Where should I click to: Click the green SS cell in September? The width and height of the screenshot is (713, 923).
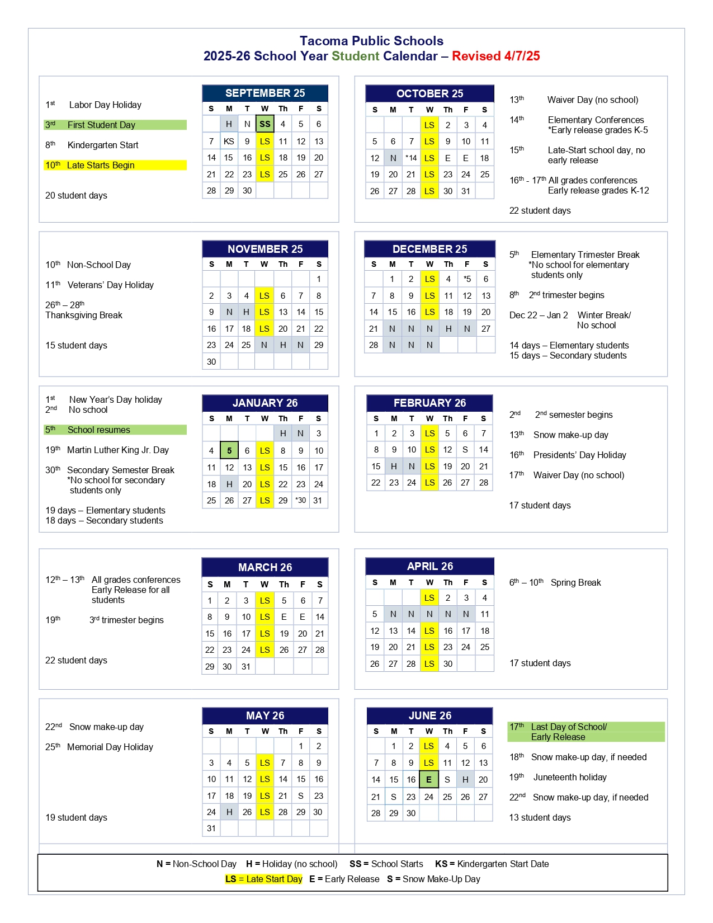point(265,124)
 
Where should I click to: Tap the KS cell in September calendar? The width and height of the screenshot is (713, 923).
point(229,142)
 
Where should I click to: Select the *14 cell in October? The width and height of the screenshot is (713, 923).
point(411,158)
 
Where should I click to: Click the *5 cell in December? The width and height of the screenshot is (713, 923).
point(467,279)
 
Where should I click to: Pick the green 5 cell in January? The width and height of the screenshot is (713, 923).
point(229,450)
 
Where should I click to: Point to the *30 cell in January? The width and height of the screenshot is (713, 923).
point(301,501)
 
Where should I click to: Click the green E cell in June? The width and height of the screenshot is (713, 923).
point(429,779)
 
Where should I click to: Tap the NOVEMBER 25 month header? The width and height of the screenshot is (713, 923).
point(265,249)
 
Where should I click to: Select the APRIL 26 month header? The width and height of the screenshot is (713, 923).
point(429,566)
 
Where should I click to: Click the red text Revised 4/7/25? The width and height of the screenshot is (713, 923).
point(495,56)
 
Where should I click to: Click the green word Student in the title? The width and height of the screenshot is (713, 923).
point(355,56)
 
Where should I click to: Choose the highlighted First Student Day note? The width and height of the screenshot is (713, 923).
point(101,125)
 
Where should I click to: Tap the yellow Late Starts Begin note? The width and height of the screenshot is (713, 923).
point(101,165)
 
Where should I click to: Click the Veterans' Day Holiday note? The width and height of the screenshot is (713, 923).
point(110,285)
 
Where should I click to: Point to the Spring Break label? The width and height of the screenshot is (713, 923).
point(575,582)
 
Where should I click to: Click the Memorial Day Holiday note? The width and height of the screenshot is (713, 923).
point(110,747)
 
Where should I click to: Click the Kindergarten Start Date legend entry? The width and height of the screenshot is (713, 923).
point(492,864)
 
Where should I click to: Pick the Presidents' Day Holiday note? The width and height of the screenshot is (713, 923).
point(579,455)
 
